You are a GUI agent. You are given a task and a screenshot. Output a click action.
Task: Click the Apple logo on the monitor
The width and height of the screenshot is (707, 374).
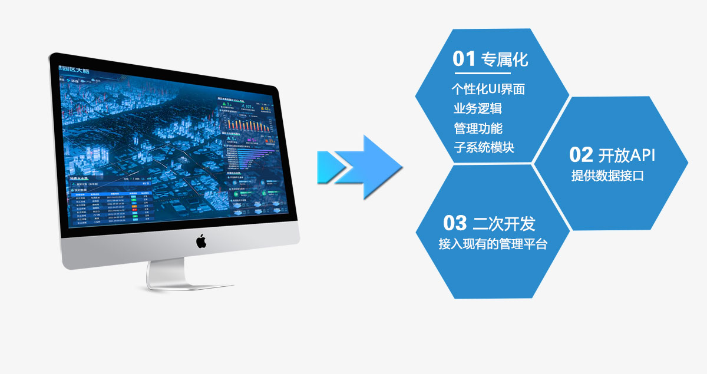(201, 241)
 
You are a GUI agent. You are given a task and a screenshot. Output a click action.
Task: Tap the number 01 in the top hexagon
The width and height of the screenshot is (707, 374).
(464, 59)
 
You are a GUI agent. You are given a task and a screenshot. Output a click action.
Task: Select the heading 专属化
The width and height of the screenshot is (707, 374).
(505, 59)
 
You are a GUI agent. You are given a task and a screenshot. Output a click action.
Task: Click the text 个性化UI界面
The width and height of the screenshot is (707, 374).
(488, 90)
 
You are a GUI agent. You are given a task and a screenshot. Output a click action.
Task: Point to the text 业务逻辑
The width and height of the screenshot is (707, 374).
(478, 108)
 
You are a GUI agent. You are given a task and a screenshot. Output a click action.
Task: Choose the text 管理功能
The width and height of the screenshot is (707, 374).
(478, 128)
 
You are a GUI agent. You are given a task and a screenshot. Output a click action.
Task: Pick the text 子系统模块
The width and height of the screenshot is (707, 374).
(484, 147)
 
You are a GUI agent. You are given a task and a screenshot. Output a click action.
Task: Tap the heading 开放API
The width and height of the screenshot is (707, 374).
(627, 155)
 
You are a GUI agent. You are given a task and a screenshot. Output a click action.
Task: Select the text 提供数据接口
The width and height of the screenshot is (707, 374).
(607, 176)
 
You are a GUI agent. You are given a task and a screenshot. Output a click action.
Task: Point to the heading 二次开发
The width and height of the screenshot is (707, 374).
(504, 224)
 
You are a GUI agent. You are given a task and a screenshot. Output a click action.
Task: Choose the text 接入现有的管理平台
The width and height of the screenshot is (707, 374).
(493, 244)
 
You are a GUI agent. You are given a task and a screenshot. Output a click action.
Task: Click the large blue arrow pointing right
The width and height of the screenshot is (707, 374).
(378, 166)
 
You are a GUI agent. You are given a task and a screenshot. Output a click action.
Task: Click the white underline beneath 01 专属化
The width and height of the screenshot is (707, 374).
(481, 74)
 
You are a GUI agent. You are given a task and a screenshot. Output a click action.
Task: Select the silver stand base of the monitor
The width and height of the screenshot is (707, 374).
(189, 283)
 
